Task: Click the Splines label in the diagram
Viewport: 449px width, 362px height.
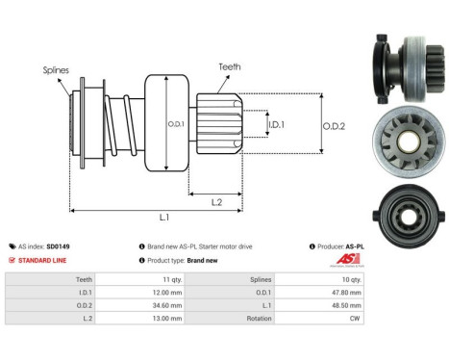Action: [x=55, y=70]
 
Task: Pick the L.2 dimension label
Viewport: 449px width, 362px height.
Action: [x=219, y=200]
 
